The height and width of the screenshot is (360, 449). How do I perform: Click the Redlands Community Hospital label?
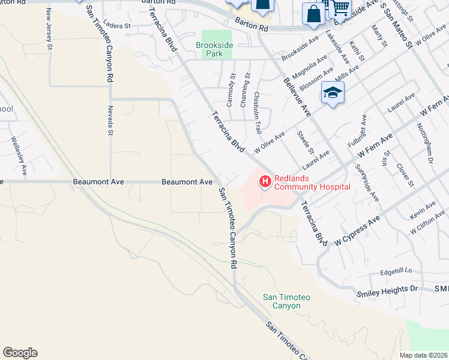(x=312, y=182)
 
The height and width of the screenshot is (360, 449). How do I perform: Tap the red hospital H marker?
(x=265, y=181)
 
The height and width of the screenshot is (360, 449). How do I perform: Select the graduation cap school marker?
(x=332, y=93)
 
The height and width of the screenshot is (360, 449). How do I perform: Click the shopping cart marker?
(x=340, y=7)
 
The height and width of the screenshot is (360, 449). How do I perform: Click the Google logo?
(x=20, y=353)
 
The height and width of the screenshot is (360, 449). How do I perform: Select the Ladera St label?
(x=116, y=26)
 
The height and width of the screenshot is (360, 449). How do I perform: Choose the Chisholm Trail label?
(x=258, y=112)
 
